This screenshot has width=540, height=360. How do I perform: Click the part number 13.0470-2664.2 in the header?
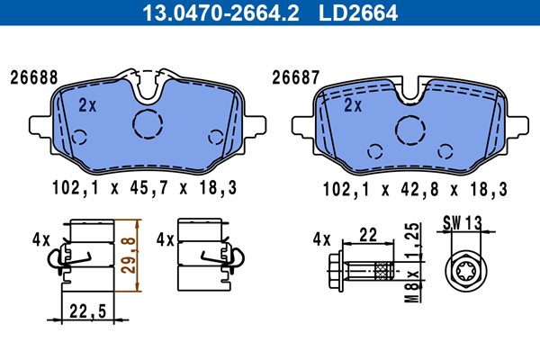220,13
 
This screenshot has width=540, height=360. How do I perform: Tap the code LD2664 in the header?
358,13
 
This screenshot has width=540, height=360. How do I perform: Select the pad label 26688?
34,78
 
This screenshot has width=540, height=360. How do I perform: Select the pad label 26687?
296,78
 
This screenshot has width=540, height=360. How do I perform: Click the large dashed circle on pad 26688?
148,110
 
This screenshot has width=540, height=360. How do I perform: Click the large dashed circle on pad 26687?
410,116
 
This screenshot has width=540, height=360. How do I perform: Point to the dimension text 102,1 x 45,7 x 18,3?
145,188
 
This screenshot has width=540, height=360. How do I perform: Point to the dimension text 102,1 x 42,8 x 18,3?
415,189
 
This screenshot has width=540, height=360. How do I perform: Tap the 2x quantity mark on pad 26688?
87,105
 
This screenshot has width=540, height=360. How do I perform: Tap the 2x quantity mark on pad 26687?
353,105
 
